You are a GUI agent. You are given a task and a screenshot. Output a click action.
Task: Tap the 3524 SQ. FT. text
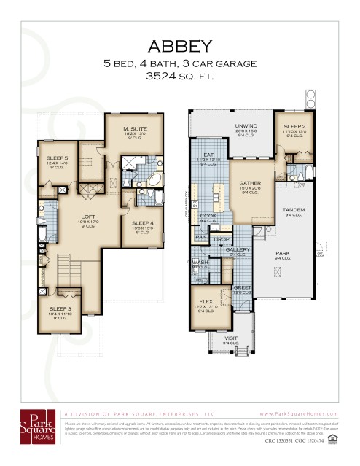point(180,75)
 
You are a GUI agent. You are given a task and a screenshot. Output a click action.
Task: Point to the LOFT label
point(89,217)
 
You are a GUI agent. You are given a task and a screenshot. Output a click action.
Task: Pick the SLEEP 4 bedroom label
point(142,223)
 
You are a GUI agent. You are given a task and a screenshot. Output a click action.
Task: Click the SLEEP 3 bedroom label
point(60,309)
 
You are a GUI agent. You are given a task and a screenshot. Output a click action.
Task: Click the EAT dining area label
point(208,155)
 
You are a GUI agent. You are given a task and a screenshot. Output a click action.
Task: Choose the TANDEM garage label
point(294,210)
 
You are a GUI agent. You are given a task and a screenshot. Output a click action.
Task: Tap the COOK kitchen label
point(208,216)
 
